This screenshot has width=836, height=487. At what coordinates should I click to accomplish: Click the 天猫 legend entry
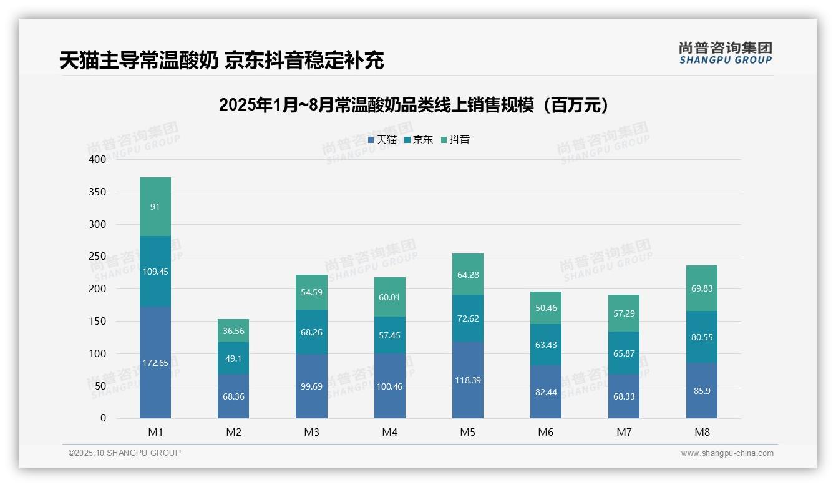(x=382, y=140)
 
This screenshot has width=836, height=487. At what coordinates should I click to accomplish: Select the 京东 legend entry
(x=419, y=140)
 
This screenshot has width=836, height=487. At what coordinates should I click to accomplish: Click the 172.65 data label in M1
(x=155, y=363)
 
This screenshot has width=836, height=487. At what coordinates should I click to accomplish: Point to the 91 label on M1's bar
(x=155, y=207)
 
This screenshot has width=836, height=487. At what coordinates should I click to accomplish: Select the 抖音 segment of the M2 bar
(x=233, y=331)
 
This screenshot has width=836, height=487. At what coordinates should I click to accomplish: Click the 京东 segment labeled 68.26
(x=311, y=332)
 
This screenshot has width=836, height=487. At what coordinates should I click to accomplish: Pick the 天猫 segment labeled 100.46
(x=389, y=386)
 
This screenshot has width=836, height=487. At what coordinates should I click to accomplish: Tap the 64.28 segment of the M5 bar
(x=467, y=275)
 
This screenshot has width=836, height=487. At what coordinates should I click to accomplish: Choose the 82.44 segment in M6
(x=546, y=392)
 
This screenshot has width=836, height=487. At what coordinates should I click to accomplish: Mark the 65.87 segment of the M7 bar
(x=624, y=353)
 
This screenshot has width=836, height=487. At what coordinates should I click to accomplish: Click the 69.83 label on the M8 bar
(x=702, y=289)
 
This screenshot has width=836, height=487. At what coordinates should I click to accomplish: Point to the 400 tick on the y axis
(x=98, y=159)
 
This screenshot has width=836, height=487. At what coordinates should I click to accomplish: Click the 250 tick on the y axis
(x=98, y=257)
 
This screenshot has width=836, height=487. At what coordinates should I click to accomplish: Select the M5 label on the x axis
(x=467, y=432)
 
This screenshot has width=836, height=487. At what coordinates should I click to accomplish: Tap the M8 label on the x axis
(x=702, y=432)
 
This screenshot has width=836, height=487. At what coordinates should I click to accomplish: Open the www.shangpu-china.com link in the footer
(x=727, y=453)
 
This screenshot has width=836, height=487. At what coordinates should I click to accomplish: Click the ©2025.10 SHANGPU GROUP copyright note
(x=125, y=453)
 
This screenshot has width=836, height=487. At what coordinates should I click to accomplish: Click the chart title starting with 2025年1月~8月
(x=414, y=105)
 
